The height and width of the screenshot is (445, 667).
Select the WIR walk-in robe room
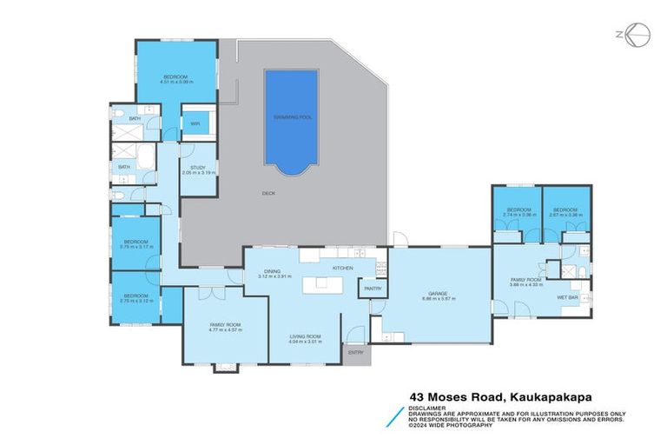click(195, 123)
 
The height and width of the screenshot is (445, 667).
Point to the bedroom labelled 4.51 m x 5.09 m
click(176, 78)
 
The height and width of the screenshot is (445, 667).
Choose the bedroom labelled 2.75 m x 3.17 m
click(136, 243)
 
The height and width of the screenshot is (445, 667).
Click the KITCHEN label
click(341, 268)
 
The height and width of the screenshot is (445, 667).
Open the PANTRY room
click(373, 288)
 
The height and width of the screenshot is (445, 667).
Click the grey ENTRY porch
click(356, 353)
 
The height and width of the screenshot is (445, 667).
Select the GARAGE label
click(438, 295)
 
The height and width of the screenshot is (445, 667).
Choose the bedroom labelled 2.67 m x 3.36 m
click(565, 211)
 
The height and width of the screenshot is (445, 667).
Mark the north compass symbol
click(637, 35)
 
